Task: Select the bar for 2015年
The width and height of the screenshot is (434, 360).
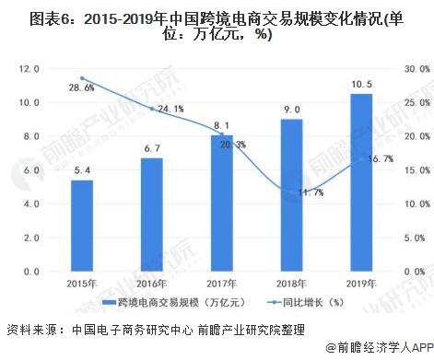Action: (82, 226)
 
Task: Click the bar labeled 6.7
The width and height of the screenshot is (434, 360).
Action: (152, 215)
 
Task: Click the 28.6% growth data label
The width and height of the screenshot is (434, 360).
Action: (82, 88)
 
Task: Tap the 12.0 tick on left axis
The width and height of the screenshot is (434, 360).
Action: (30, 68)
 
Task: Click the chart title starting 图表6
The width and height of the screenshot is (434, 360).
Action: (217, 25)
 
